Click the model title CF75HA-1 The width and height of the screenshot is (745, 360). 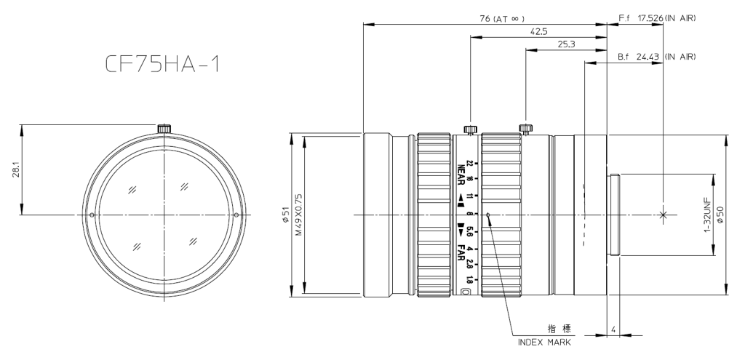[x=159, y=66]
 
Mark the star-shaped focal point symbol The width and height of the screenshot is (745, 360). [x=662, y=215]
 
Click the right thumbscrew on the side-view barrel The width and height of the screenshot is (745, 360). [x=526, y=129]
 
